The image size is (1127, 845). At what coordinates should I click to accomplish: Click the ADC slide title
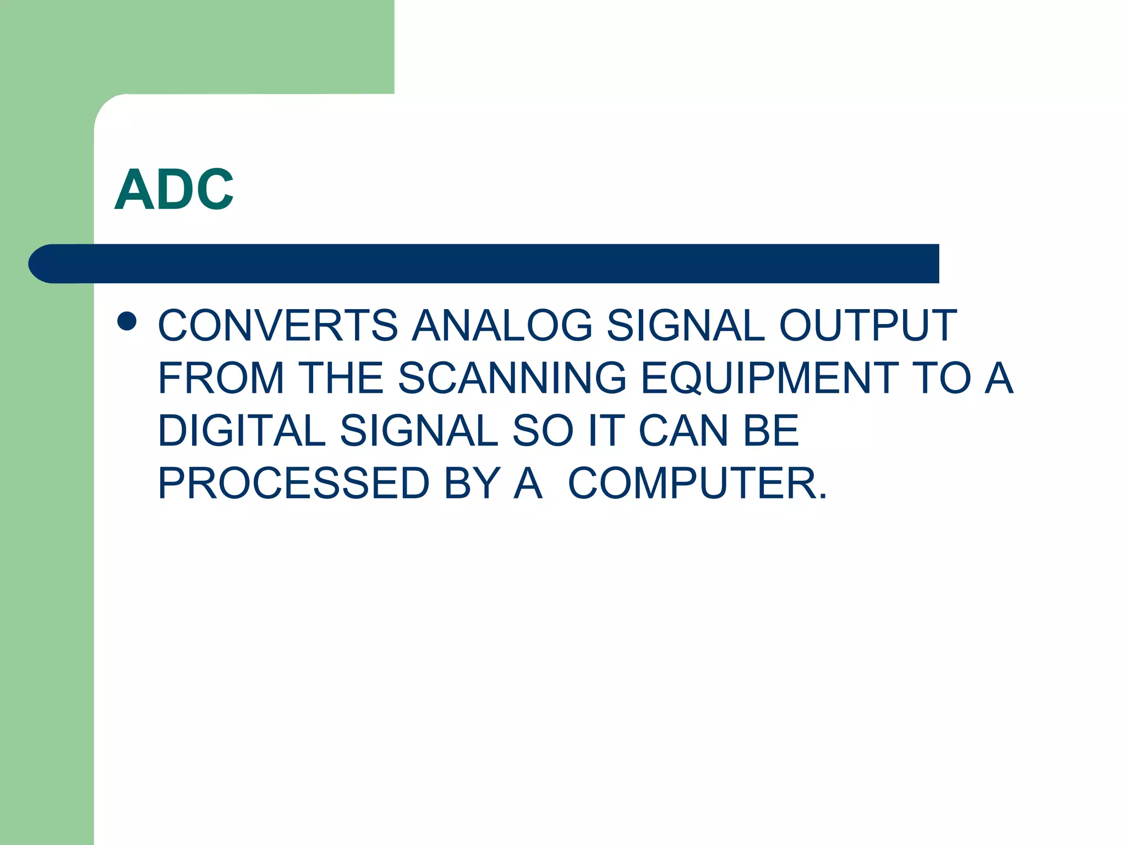[x=174, y=190]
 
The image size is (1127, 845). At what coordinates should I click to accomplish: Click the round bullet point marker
[x=127, y=321]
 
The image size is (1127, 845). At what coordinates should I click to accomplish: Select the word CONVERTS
[x=277, y=325]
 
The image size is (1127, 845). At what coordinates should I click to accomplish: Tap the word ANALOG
[x=502, y=325]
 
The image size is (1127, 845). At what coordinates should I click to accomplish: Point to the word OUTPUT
[x=868, y=325]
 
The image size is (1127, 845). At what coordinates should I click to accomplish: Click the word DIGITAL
[x=242, y=431]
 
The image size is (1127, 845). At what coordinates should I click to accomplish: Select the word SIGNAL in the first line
[x=685, y=325]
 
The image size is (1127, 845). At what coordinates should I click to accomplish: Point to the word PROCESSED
[x=293, y=484]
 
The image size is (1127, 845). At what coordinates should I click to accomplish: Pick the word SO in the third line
[x=543, y=431]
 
